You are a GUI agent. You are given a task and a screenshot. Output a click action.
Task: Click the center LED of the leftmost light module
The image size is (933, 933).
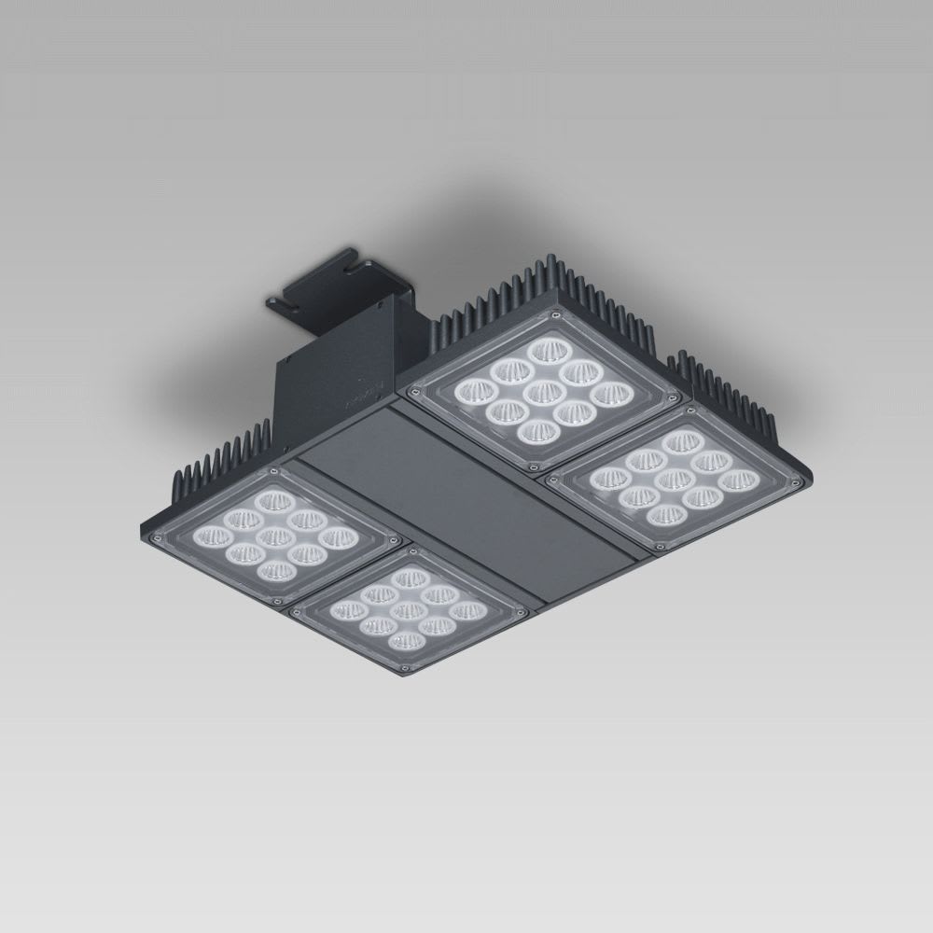272,536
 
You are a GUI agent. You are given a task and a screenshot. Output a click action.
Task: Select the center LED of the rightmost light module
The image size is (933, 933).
672,480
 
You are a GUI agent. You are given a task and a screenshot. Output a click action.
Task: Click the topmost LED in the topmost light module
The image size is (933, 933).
546,352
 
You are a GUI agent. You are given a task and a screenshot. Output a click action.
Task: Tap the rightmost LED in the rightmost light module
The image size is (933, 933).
736,481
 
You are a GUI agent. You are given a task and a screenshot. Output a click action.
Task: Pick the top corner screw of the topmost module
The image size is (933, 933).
555,317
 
